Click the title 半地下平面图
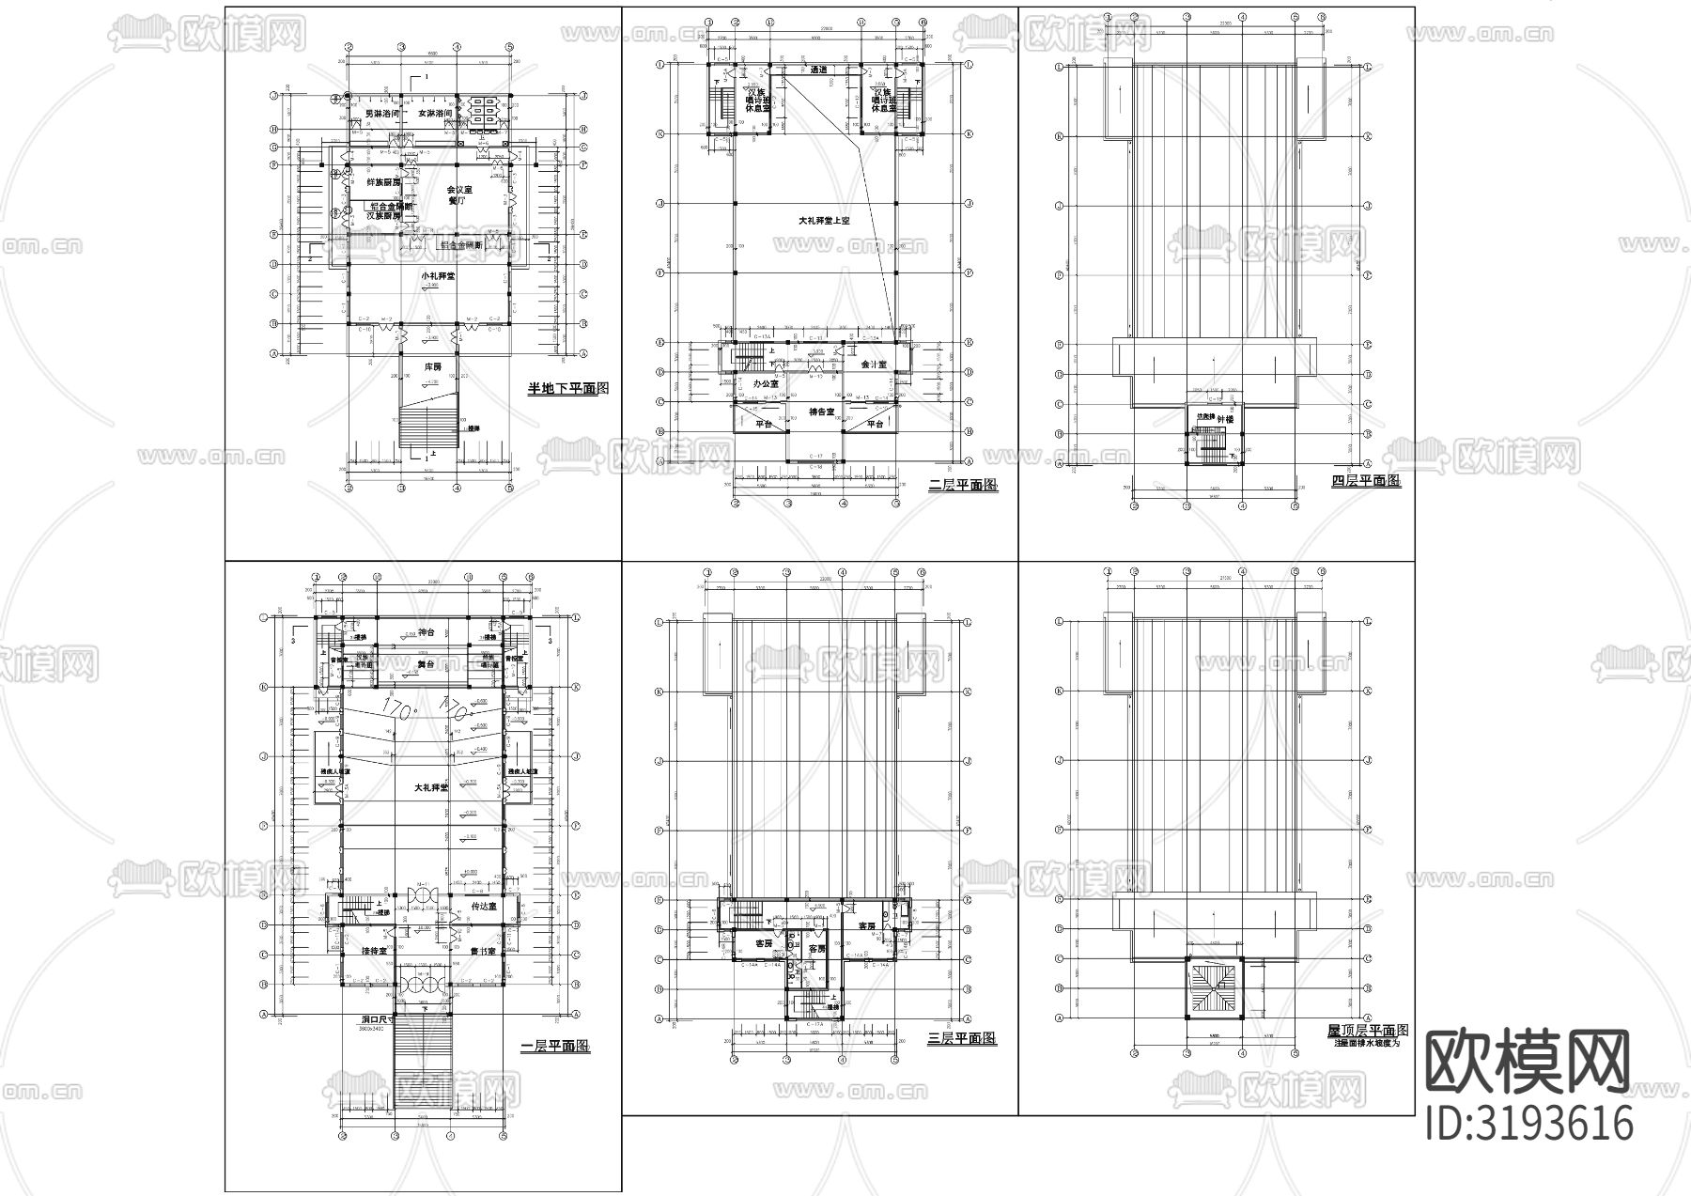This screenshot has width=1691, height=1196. [x=568, y=387]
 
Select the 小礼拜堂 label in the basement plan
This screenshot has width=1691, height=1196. [x=439, y=276]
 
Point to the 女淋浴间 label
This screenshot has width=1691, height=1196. [x=436, y=113]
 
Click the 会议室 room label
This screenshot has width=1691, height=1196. [x=459, y=189]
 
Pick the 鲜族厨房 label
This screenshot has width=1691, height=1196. [x=383, y=182]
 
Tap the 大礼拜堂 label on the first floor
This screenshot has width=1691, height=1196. [x=431, y=787]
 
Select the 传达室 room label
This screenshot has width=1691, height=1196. [x=482, y=906]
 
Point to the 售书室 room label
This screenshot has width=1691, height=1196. [x=482, y=951]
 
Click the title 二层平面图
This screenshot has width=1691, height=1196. [x=962, y=486]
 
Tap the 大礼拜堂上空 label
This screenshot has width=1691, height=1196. [x=823, y=221]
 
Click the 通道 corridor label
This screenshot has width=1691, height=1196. [x=818, y=70]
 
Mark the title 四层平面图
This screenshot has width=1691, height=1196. [x=1366, y=480]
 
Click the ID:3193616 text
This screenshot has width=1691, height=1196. [x=1528, y=1124]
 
